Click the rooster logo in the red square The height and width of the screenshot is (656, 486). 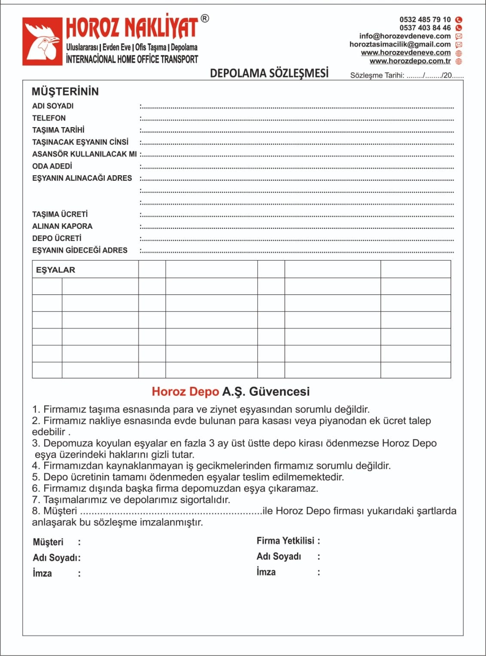pos(43,42)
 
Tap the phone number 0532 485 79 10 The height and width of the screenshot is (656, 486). pos(425,20)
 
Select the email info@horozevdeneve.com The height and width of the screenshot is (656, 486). pos(405,36)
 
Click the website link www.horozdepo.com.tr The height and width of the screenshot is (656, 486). pos(410,61)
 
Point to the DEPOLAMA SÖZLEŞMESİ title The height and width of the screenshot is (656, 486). pos(269,73)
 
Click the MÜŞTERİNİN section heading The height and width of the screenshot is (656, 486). pos(65,91)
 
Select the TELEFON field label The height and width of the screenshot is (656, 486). pos(49,118)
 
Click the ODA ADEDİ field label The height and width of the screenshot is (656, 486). pos(52,166)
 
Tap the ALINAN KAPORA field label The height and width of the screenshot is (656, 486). pos(62,226)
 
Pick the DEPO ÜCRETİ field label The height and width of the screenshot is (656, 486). pos(57,238)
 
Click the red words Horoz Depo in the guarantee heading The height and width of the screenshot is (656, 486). pos(185,392)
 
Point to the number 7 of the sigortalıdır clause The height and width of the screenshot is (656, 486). pos(35,500)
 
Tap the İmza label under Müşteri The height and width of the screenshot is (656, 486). pos(42,574)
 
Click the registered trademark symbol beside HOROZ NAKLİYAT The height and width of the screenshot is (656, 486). pos(205,18)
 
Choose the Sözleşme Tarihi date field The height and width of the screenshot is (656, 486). pos(407,76)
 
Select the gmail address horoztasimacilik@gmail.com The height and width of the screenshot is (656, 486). pos(400,44)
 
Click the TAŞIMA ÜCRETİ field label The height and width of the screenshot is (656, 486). pos(60,214)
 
